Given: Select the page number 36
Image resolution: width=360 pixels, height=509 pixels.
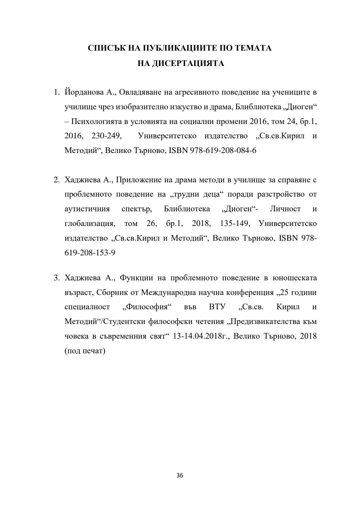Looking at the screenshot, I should coord(180,475).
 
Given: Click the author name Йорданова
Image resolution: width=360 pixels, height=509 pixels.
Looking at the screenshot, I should coord(80,92).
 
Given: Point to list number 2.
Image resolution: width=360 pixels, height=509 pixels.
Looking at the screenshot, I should coord(56,180).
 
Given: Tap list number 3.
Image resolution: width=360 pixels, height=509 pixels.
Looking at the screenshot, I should coord(56,278).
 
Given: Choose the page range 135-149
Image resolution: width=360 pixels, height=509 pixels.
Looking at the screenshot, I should coord(234,223).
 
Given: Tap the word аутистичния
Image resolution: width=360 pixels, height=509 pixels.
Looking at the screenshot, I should coord(87,209).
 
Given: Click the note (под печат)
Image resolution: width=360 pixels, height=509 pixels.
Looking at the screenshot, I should coord(85,351).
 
